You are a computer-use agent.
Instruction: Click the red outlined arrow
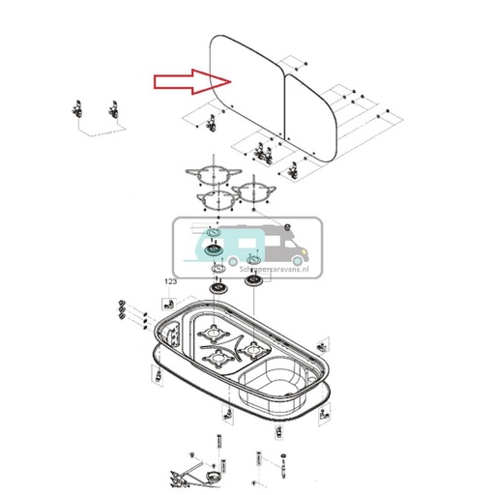[x=193, y=82]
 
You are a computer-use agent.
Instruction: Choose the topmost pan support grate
[x=211, y=176]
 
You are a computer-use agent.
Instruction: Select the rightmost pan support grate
[x=251, y=187]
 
